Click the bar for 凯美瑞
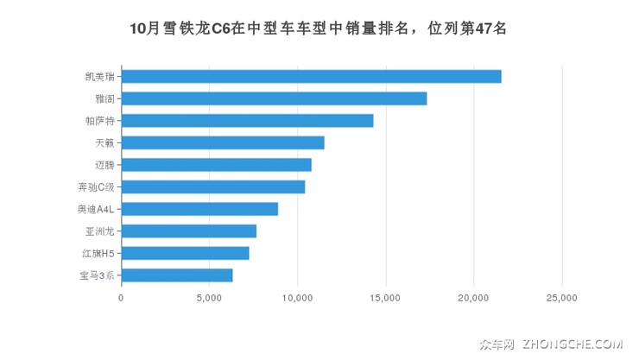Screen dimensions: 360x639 pos(311,76)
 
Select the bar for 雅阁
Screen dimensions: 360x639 pos(274,98)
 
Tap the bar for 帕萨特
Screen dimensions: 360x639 pos(247,121)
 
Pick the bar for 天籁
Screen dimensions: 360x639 pos(223,142)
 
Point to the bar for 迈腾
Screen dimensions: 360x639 pos(216,165)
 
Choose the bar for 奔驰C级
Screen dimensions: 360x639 pos(213,186)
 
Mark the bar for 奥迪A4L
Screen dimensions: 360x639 pos(199,209)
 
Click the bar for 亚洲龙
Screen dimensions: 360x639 pos(188,231)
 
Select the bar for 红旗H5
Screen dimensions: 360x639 pos(185,253)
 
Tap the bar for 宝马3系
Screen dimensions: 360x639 pos(177,275)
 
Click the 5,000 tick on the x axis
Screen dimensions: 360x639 pos(209,298)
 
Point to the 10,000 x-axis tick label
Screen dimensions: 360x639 pos(297,298)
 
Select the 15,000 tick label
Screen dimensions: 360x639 pos(385,298)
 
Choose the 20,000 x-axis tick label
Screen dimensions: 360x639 pos(474,298)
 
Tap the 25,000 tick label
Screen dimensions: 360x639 pos(562,298)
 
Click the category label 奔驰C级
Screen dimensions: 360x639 pos(96,186)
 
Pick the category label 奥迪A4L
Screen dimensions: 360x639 pos(96,209)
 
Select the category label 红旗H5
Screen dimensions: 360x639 pos(97,253)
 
